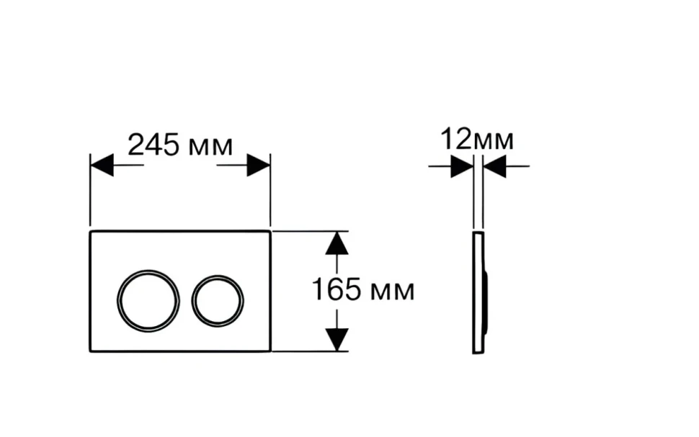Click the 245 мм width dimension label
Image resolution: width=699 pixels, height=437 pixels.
[180, 145]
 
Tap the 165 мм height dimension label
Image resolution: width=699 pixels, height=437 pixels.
[363, 289]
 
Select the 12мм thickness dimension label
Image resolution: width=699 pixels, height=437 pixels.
[477, 139]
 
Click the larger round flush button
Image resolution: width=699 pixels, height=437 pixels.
[148, 301]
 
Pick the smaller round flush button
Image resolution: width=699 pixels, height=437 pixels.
[218, 301]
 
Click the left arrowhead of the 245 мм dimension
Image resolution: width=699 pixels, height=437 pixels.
[102, 166]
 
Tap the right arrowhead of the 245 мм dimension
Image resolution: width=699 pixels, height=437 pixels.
[259, 166]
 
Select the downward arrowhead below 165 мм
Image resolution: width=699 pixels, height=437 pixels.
[337, 339]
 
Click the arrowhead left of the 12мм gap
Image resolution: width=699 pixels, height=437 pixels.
[462, 166]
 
